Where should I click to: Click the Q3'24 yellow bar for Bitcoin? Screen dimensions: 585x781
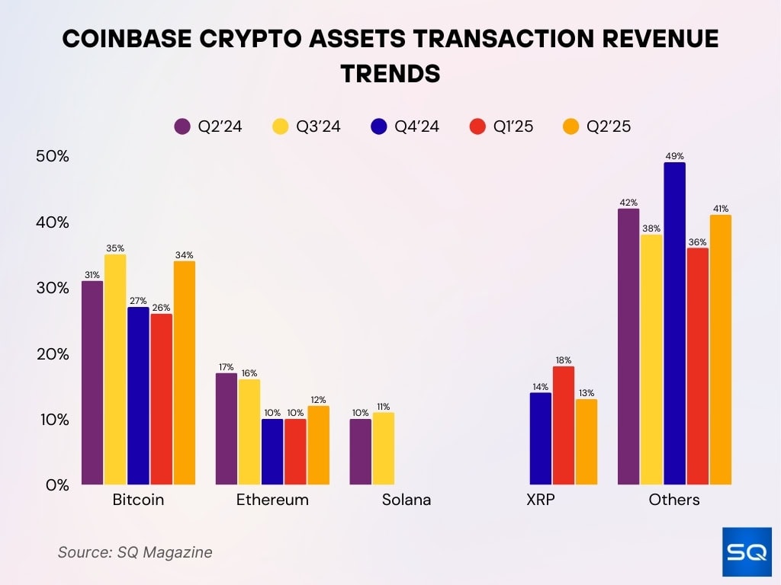(115, 369)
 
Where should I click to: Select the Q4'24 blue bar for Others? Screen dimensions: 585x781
(674, 324)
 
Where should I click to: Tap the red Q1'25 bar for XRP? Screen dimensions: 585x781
(564, 425)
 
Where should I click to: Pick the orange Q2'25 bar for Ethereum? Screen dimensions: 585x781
(318, 445)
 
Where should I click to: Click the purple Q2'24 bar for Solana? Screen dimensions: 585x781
(361, 452)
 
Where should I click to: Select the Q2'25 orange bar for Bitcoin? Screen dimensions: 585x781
(184, 373)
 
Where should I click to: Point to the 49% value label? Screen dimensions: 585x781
(674, 155)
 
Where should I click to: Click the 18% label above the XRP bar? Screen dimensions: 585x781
(564, 360)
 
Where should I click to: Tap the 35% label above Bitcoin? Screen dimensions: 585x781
(115, 248)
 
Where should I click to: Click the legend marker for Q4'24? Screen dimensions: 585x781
(379, 126)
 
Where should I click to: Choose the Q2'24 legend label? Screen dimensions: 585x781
(220, 126)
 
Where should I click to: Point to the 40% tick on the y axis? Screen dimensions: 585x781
(53, 222)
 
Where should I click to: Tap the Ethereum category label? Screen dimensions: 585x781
(272, 500)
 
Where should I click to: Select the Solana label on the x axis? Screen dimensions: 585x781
(407, 500)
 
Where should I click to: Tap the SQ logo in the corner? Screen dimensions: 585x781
(746, 551)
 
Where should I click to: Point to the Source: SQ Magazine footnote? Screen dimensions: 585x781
(135, 552)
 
